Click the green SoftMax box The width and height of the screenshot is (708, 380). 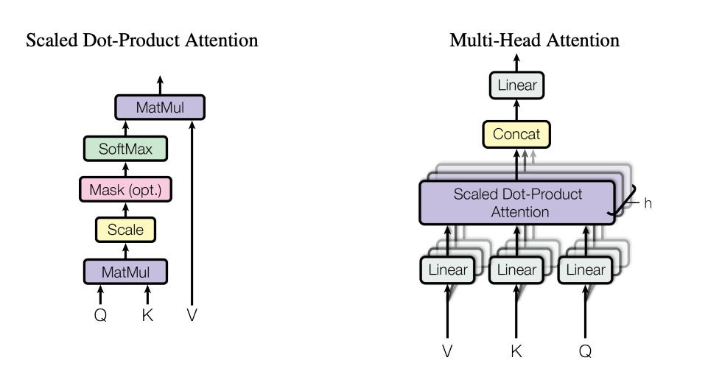125,149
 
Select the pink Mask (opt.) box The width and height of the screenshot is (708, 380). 125,189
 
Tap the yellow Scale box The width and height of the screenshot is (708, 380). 125,230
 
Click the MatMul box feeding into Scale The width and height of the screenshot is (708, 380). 125,272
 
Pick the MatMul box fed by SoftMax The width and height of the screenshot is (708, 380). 160,108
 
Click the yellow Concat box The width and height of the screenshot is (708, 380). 516,134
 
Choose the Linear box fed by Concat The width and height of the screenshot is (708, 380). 517,85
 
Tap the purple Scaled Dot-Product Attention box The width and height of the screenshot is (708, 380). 517,203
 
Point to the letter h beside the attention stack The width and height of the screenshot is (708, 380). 648,203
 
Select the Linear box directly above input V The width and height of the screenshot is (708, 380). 447,270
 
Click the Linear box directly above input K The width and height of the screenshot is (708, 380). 516,270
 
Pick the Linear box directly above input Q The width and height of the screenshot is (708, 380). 586,270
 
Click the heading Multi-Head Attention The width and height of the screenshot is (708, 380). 534,41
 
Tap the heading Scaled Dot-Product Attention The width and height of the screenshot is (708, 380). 141,41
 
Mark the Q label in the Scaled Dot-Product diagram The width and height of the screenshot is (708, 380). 100,315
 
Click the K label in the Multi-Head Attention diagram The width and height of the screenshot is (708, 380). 516,351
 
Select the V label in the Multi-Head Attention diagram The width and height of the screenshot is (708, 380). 447,351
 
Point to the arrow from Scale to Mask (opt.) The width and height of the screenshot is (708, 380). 125,210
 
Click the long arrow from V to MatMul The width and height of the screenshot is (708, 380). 192,213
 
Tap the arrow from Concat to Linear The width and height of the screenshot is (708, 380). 516,110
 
